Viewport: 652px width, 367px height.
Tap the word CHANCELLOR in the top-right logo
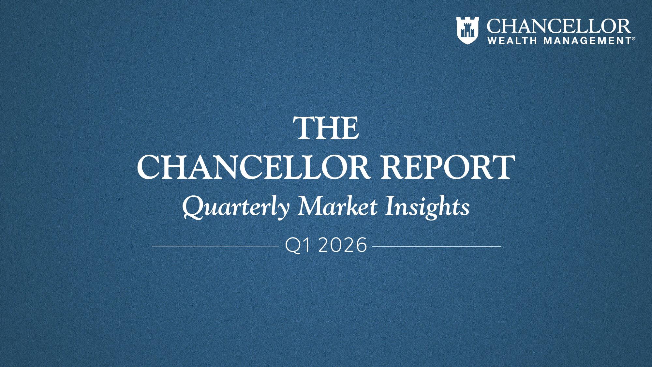558,26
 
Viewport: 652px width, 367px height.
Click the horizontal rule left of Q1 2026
214,246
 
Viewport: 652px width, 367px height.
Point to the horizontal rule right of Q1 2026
437,246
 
